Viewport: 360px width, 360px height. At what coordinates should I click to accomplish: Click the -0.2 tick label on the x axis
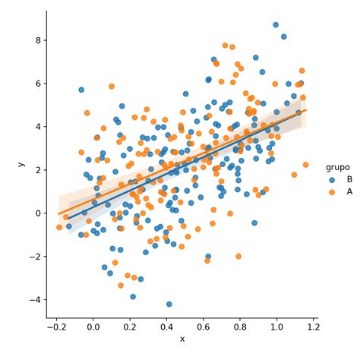[56, 327]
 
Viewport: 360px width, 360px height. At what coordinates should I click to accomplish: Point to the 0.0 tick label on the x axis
[93, 327]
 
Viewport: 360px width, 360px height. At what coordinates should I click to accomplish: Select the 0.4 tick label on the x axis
[166, 327]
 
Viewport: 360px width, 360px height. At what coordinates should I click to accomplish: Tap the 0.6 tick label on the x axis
[203, 327]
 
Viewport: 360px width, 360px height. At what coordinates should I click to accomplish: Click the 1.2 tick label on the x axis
[312, 327]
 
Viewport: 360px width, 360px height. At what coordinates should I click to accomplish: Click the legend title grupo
[339, 166]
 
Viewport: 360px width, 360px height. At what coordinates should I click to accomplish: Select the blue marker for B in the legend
[331, 179]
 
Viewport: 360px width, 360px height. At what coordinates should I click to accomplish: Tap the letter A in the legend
[349, 191]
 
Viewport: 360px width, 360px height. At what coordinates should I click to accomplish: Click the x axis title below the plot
[182, 339]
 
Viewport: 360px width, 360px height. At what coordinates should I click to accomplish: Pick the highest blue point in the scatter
[276, 25]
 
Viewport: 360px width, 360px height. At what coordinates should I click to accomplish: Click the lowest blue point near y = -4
[169, 304]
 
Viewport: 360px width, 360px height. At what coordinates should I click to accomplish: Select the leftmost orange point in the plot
[59, 227]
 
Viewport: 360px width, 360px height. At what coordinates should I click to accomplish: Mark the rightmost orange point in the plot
[306, 165]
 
